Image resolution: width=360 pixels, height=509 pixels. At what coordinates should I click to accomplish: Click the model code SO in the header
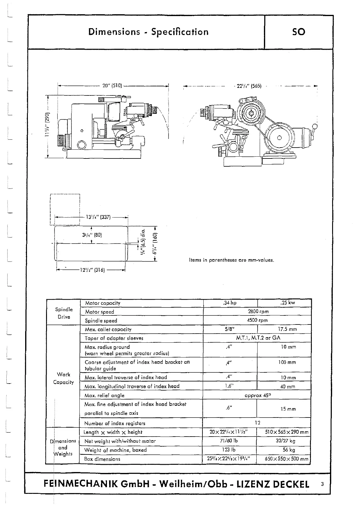point(298,32)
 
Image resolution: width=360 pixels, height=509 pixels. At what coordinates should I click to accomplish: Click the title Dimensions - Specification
point(148,32)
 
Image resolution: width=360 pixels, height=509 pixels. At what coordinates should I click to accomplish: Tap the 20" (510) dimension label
point(112,86)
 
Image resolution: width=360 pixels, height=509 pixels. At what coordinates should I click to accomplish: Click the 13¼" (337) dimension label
point(98,217)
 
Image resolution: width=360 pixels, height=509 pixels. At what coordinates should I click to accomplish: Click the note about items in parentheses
point(231,260)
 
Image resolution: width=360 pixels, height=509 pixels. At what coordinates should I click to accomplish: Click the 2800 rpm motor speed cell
point(258,311)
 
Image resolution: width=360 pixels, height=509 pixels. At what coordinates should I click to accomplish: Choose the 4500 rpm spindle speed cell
point(257,320)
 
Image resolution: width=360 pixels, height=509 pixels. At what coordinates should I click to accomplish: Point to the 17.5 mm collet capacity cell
point(287,329)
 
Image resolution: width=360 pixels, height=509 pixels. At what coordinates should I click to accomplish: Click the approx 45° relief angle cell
point(257,395)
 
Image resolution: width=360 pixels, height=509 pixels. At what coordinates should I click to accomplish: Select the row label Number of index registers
point(115,423)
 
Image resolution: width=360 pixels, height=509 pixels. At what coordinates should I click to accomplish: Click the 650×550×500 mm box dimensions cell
point(286,459)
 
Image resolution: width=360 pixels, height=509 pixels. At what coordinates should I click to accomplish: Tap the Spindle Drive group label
point(64,313)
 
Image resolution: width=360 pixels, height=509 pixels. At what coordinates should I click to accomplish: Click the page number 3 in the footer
point(322,484)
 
